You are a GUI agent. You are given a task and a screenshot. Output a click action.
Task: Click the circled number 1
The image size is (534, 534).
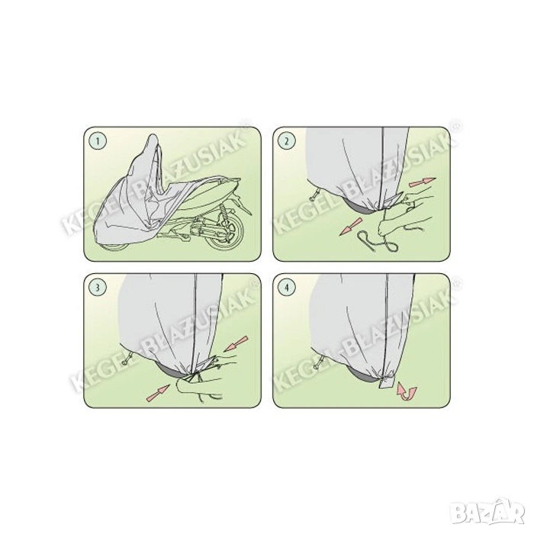98,141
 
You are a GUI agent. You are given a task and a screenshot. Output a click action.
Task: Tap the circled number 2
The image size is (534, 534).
286,141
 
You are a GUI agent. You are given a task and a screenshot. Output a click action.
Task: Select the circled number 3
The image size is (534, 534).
98,287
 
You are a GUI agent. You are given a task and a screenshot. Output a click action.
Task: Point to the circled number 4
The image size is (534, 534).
286,287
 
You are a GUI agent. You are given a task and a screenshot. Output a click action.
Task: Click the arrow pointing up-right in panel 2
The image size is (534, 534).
423,182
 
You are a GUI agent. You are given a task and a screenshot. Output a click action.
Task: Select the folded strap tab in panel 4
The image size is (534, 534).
387,382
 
